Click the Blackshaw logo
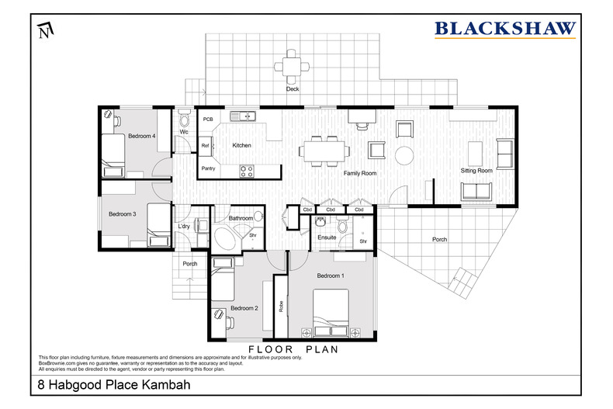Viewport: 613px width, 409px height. [504, 29]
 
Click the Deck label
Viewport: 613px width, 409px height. [292, 89]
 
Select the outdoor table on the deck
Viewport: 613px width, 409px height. [293, 66]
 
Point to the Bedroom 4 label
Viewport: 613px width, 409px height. [142, 136]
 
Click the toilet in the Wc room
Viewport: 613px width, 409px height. [184, 120]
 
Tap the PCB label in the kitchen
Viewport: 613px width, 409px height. [208, 120]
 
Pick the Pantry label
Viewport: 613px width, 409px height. [208, 168]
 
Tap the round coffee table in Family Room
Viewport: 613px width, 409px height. [405, 154]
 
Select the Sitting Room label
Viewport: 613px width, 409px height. [477, 170]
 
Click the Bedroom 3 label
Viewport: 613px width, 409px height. [122, 214]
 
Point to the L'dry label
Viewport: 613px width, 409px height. [185, 226]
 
